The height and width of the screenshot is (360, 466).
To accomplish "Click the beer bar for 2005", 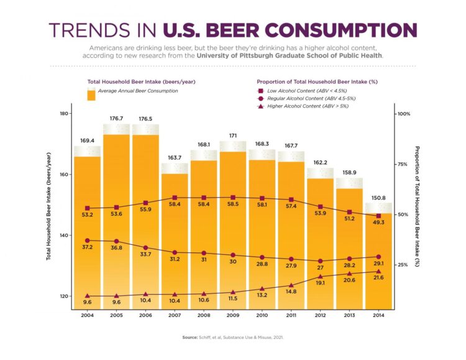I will coord(116,224).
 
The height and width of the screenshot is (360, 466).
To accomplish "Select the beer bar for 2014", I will coord(378,261).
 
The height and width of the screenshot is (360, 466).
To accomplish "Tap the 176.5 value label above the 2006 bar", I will coord(145,118).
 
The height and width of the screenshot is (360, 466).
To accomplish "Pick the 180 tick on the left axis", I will coord(64,114).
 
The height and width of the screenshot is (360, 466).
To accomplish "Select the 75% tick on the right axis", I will coord(402,165).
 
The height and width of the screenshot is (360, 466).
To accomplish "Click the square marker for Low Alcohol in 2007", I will coord(175,198).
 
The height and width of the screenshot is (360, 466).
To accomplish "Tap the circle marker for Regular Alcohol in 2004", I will coord(88,240).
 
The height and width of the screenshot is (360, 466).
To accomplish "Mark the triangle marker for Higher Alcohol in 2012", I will coord(321,277).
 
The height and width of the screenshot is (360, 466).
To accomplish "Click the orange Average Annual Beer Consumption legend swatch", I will coord(91,95).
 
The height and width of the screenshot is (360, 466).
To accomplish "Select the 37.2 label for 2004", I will coord(88,247).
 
